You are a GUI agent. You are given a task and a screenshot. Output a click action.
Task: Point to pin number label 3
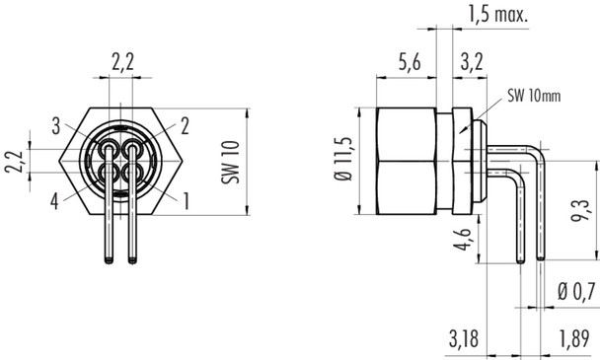[58, 124]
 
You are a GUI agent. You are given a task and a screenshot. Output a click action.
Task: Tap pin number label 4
[56, 200]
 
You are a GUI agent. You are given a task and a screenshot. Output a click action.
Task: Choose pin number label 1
[186, 200]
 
